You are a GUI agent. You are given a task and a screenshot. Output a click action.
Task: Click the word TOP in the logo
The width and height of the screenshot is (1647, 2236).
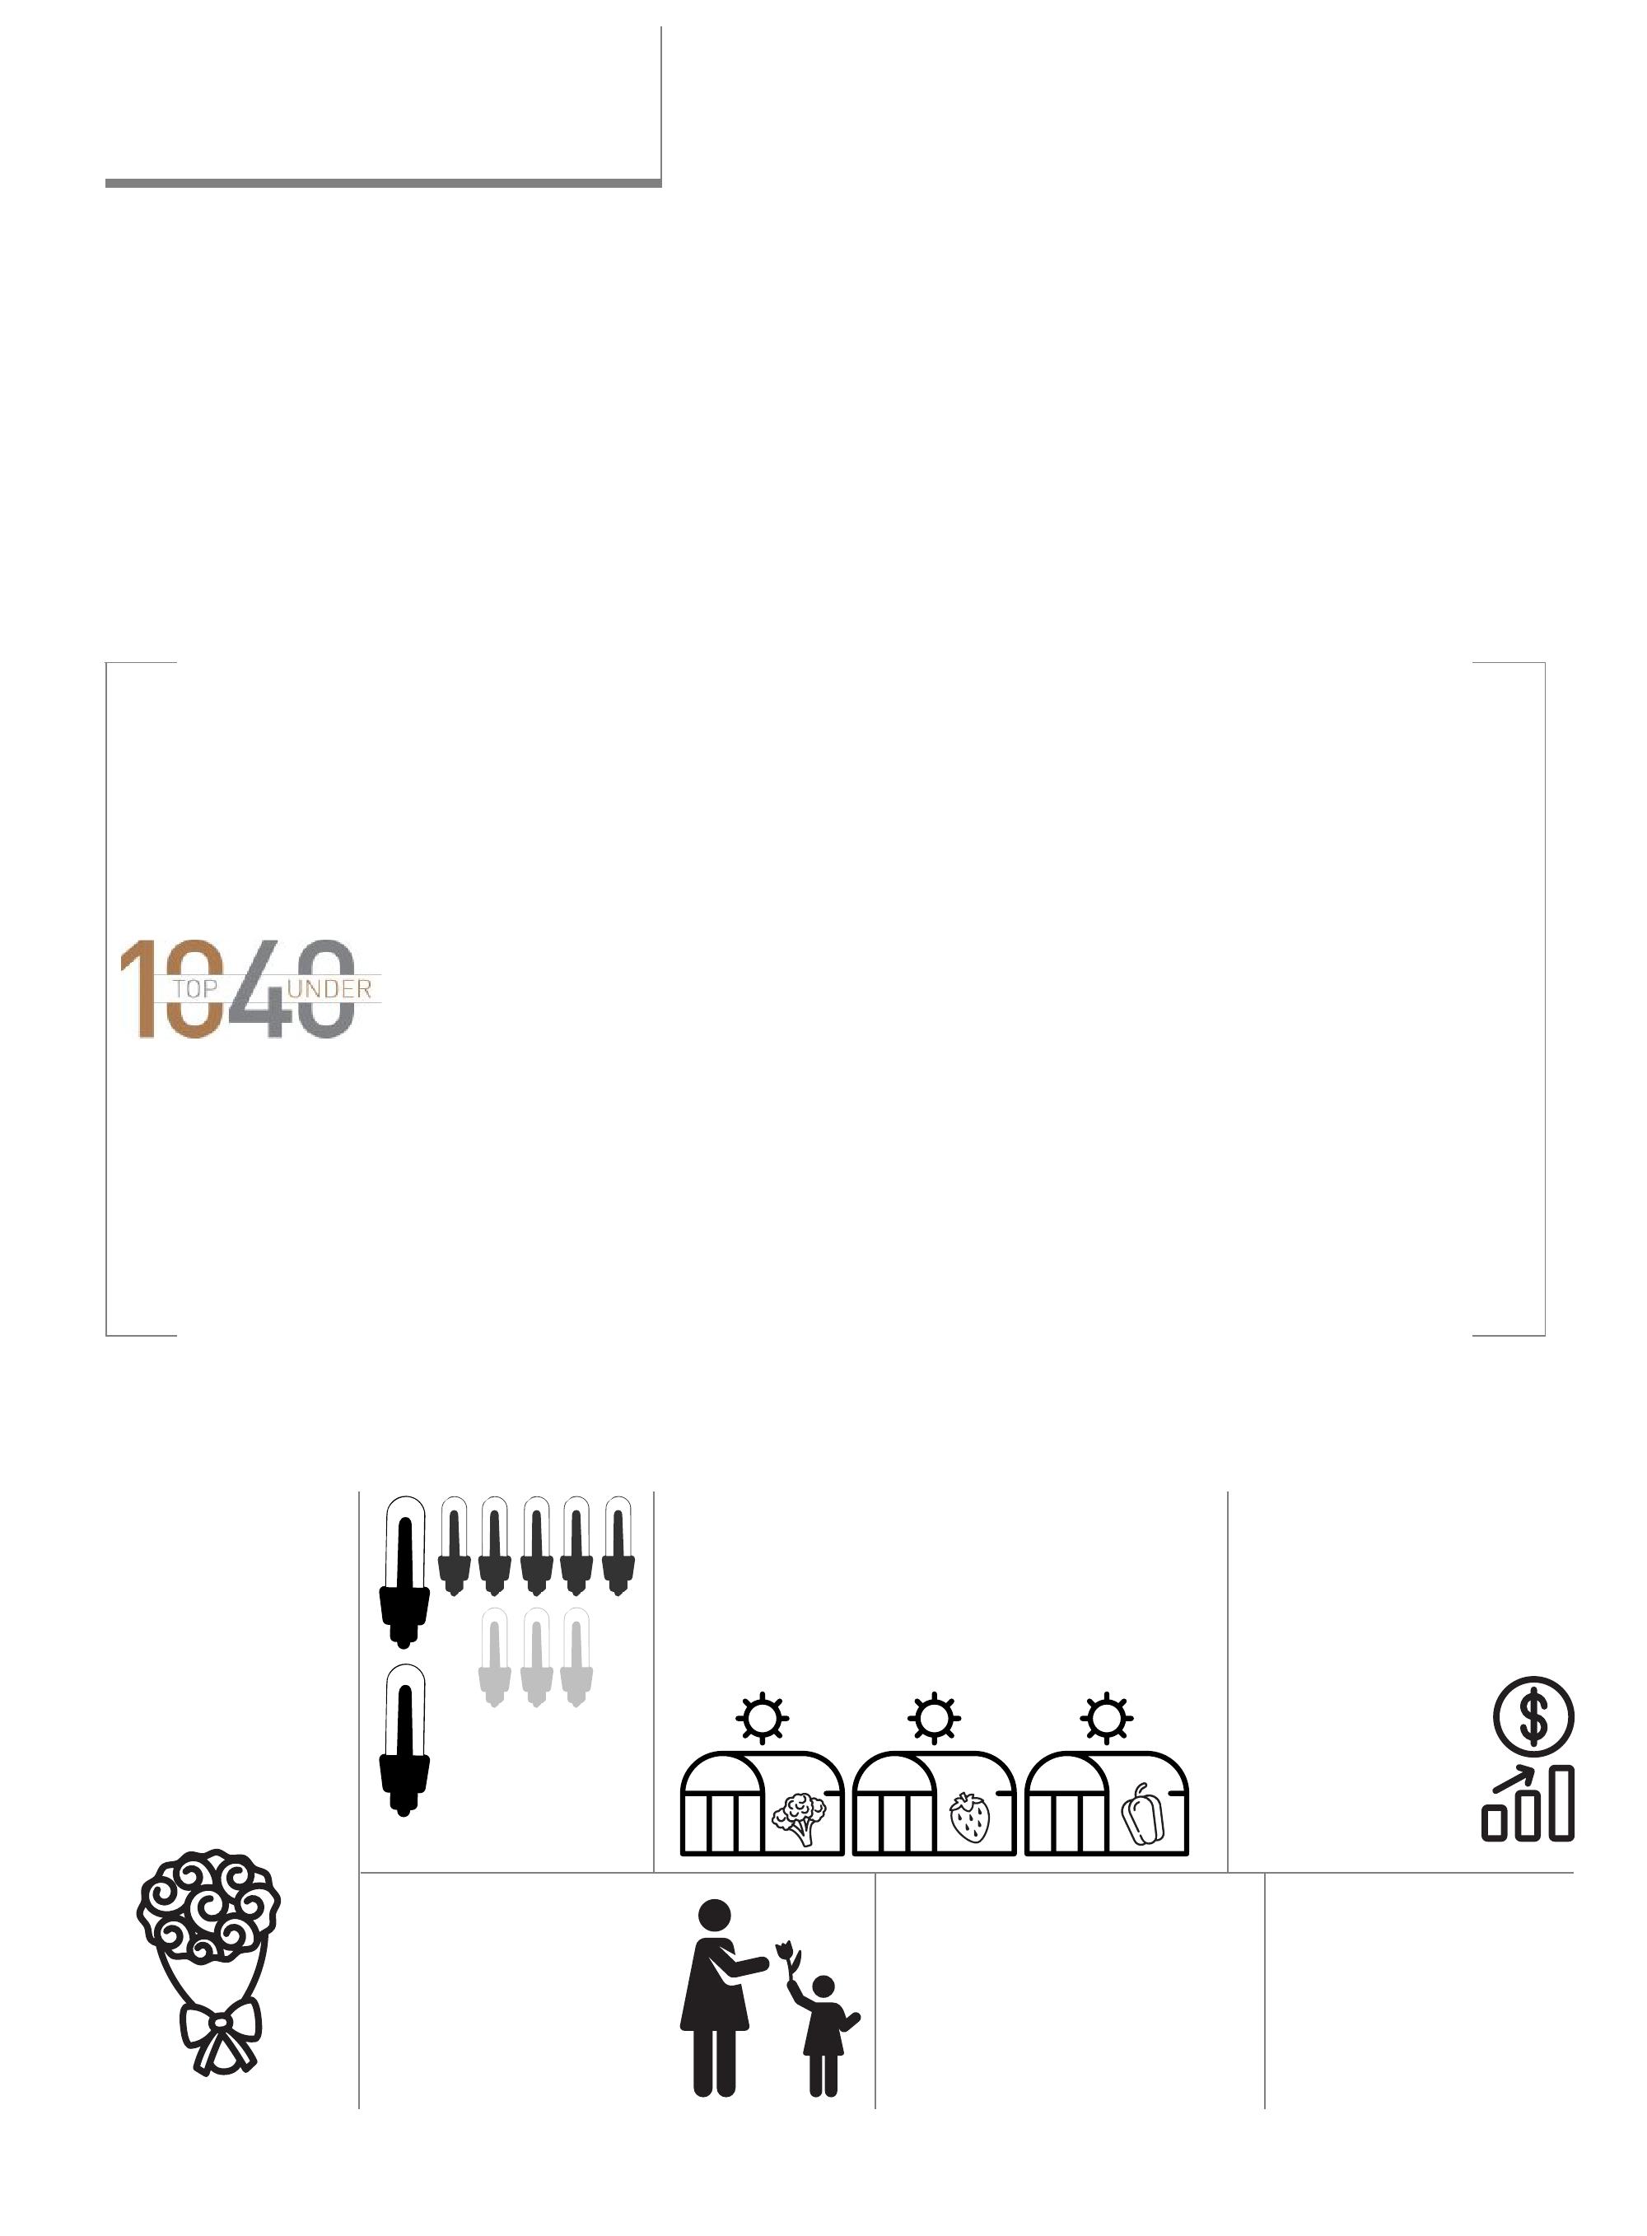pos(194,989)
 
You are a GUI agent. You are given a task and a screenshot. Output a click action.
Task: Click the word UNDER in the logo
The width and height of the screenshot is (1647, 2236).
pos(329,989)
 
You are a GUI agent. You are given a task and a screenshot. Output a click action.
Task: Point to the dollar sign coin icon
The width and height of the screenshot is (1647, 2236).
pos(1533,1716)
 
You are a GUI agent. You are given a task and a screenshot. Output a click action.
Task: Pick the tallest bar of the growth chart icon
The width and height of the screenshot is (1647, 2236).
pos(1561,1802)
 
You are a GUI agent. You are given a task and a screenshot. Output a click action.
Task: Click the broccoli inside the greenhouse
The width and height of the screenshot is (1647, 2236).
pos(799,1816)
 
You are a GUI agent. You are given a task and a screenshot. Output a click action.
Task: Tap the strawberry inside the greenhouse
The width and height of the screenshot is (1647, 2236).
pos(969,1816)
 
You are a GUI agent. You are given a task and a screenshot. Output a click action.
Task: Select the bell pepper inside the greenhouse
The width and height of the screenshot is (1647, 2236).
pos(1142,1815)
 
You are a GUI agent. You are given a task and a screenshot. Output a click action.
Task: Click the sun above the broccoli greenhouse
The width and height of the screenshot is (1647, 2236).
pos(762,1718)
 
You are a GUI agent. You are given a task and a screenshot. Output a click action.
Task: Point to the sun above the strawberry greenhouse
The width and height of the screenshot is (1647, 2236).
pos(934,1718)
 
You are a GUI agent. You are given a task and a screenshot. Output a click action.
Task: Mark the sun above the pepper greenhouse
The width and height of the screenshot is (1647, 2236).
pos(1106,1718)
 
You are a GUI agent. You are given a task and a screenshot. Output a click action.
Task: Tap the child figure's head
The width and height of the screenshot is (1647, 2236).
pos(823,1986)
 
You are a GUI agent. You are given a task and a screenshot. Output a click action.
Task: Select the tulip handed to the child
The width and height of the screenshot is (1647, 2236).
pos(786,1950)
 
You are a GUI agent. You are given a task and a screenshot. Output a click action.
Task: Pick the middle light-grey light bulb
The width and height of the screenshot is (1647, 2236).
pos(535,1656)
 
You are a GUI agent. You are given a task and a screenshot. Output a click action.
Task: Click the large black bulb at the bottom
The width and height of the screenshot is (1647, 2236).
pos(404,1739)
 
